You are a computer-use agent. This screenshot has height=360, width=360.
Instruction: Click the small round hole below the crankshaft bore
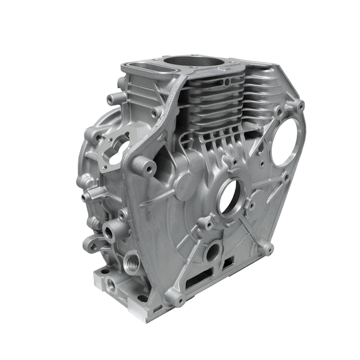click(213, 251)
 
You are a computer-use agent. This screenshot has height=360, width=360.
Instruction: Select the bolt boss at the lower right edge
click(267, 248)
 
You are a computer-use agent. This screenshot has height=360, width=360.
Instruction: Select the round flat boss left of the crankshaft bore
click(186, 185)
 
